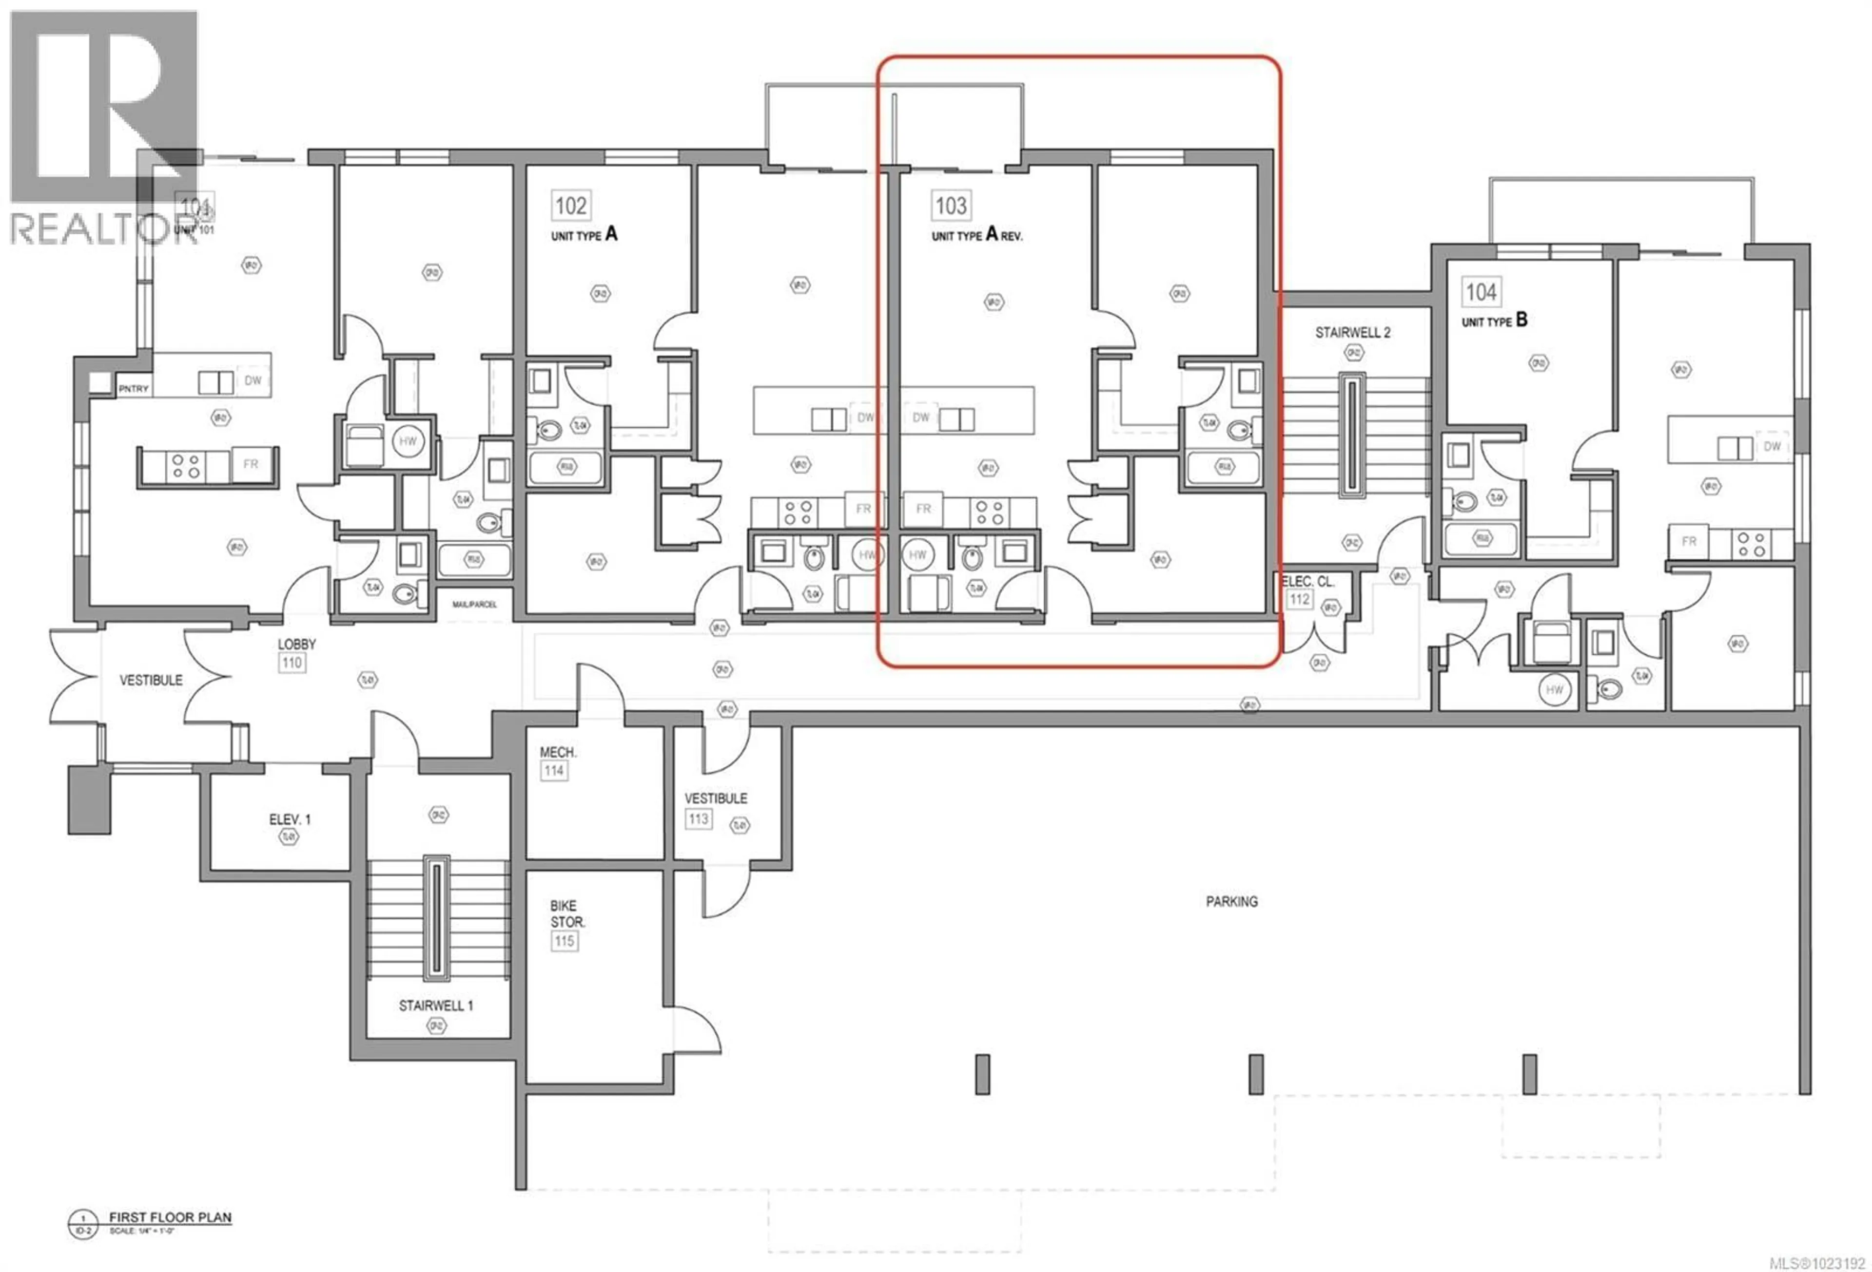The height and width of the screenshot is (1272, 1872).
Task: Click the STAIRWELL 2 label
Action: click(x=1352, y=332)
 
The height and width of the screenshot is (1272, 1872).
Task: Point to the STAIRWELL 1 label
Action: click(x=436, y=1006)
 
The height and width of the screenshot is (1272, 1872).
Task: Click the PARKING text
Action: click(x=1231, y=902)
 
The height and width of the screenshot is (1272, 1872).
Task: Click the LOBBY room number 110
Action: click(x=292, y=663)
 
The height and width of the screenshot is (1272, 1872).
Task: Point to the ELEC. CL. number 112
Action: click(x=1299, y=599)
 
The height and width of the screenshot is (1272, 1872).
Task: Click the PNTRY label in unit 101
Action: click(x=134, y=389)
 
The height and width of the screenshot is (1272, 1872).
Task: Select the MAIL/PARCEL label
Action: click(x=474, y=604)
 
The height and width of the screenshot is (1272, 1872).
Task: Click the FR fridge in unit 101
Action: click(x=251, y=465)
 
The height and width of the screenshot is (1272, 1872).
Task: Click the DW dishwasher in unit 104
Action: click(x=1772, y=446)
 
